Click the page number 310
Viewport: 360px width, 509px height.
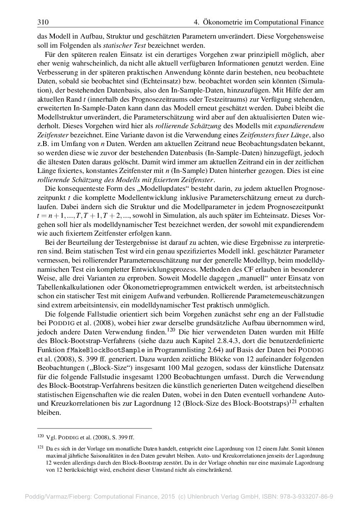43,22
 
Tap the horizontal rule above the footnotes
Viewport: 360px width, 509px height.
95,428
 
